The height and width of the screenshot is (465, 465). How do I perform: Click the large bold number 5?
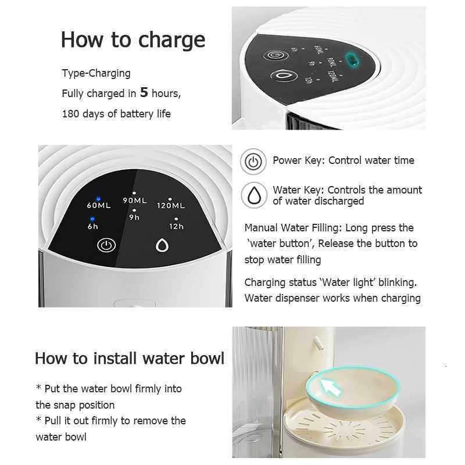point(145,92)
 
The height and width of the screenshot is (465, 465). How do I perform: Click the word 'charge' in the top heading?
point(171,40)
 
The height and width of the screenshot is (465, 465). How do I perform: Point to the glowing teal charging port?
point(351,59)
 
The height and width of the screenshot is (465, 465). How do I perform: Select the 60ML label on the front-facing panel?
point(99,205)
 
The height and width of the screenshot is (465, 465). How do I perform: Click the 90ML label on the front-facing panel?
point(135,201)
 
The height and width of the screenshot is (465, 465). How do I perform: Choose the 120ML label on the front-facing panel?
point(171,205)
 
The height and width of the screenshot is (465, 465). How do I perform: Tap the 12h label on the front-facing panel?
point(176,226)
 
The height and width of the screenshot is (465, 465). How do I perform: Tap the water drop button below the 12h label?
point(162,245)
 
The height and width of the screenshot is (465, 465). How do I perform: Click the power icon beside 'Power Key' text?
point(253,162)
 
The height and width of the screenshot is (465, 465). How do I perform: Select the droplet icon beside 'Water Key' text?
point(253,195)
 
